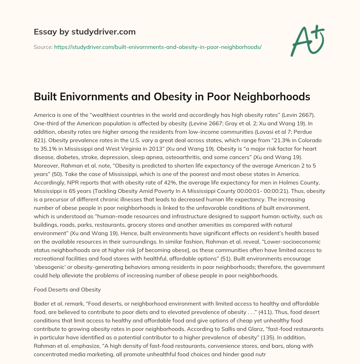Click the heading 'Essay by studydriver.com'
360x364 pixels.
pos(84,32)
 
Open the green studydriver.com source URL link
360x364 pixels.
pos(157,47)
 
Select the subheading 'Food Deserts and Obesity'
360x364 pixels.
pos(67,290)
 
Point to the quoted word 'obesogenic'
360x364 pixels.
pos(50,267)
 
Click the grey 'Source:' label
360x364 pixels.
pos(43,47)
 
